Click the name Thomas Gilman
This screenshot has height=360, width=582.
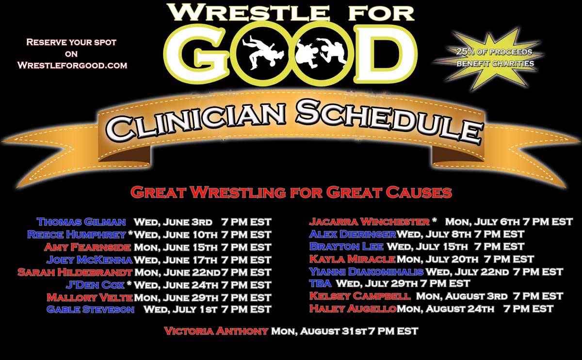[x=81, y=222]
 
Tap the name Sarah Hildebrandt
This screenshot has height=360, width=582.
[x=75, y=272]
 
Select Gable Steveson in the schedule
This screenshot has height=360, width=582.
[x=90, y=309]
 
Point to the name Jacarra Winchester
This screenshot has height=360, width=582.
[x=369, y=222]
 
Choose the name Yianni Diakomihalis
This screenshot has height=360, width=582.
[x=366, y=272]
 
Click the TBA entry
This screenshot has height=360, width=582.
[x=320, y=283]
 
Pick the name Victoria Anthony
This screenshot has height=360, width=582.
[x=216, y=331]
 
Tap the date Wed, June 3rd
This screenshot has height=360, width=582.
[x=173, y=222]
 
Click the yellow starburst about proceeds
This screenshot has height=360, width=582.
[x=494, y=57]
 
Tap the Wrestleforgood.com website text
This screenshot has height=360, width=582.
[x=72, y=65]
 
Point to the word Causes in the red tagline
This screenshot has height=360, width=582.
[x=415, y=192]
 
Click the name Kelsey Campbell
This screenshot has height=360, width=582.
[x=360, y=296]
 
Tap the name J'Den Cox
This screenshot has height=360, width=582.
[x=95, y=284]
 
